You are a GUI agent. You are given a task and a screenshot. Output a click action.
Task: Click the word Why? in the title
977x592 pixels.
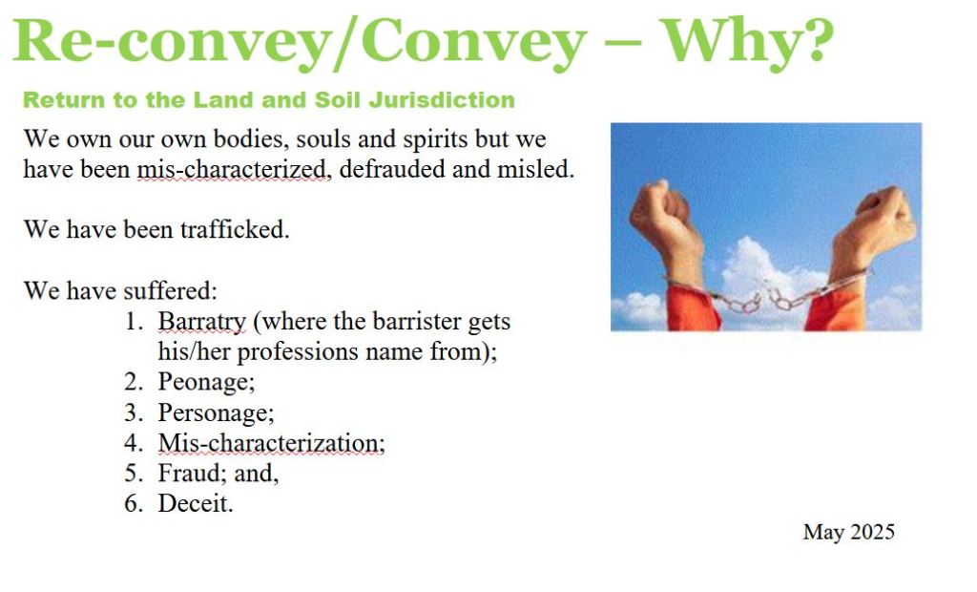[x=746, y=43]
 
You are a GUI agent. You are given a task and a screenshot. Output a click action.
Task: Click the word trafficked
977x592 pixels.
[x=235, y=229]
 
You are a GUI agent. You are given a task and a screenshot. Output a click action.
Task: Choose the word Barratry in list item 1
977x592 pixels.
[x=202, y=322]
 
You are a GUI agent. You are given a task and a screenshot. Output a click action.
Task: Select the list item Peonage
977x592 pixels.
[x=206, y=382]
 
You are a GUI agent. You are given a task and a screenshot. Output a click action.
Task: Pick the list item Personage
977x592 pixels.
[x=217, y=412]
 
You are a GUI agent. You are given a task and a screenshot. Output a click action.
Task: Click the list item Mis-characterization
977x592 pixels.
[x=272, y=443]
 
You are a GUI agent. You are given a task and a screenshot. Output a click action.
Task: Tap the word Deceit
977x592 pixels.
[x=195, y=503]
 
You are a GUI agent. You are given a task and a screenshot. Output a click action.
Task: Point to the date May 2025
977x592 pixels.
[x=848, y=532]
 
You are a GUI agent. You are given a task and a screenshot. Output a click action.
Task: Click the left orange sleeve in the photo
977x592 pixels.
[x=693, y=307]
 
